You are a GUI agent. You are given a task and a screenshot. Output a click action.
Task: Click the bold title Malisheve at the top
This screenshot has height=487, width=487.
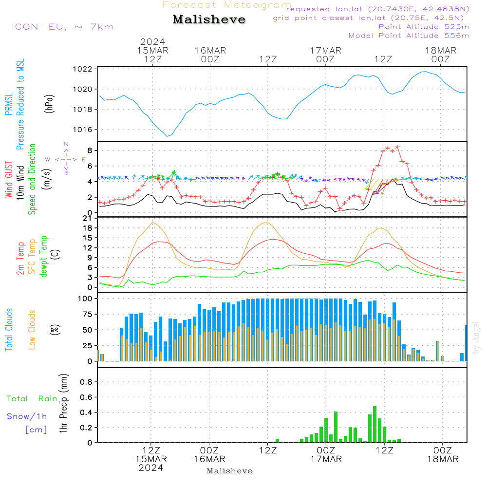(209, 19)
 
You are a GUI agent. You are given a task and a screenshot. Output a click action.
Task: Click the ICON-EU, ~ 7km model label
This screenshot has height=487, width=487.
(62, 27)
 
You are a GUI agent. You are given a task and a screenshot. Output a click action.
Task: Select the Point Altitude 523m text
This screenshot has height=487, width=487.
(424, 27)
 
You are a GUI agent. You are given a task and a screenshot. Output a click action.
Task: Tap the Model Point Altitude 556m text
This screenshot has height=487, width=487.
(409, 36)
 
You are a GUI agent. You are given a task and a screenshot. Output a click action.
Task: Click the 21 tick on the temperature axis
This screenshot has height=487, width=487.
(89, 218)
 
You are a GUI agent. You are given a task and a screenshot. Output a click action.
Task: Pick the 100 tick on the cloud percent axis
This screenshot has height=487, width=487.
(86, 298)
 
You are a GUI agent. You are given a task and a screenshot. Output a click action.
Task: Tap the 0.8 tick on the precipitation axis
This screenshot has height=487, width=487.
(87, 382)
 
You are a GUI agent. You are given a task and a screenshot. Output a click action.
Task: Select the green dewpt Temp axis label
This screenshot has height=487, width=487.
(44, 257)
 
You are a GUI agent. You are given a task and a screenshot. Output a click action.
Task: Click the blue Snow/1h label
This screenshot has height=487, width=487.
(27, 416)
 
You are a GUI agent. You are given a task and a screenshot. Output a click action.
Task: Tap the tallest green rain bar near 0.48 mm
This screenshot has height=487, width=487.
(375, 424)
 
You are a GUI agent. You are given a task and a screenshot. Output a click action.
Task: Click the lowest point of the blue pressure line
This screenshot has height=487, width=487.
(167, 136)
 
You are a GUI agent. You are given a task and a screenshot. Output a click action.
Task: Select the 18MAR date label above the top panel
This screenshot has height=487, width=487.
(440, 51)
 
